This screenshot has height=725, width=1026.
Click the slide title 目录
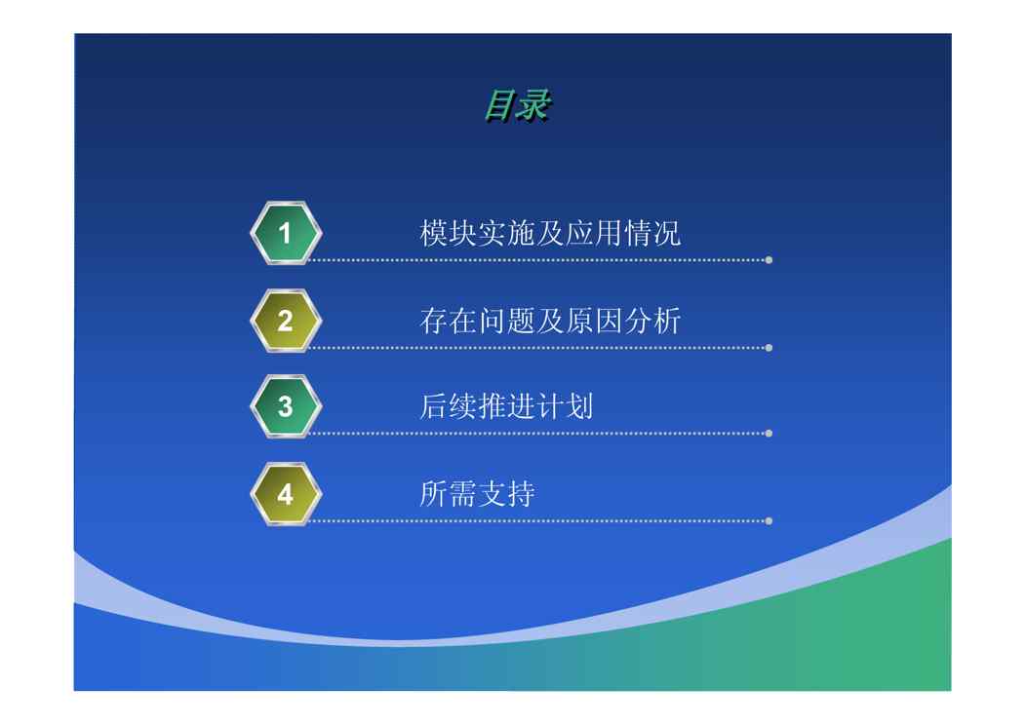click(517, 106)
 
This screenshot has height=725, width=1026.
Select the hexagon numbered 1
click(286, 233)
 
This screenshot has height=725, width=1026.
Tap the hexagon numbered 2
click(286, 321)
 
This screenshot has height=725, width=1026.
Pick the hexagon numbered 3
click(286, 406)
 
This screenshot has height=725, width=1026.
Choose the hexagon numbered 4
click(286, 494)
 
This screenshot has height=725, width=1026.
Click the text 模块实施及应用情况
click(550, 234)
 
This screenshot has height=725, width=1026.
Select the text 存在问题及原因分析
click(550, 321)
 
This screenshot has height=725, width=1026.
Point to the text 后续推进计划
click(506, 406)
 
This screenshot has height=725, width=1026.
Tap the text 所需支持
click(477, 494)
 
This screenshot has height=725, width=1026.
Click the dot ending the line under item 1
click(769, 260)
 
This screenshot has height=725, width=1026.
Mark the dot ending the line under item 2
click(769, 348)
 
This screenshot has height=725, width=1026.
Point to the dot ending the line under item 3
click(769, 434)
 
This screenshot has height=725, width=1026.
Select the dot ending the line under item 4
click(769, 521)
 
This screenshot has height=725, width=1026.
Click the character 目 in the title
click(499, 106)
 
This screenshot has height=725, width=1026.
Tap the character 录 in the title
click(533, 106)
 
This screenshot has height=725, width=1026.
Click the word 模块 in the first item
click(449, 234)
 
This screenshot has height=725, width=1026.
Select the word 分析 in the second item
click(652, 321)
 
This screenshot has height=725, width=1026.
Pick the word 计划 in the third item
click(566, 406)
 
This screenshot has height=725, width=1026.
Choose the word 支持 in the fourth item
click(506, 494)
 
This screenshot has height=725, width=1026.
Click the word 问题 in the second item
click(506, 321)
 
